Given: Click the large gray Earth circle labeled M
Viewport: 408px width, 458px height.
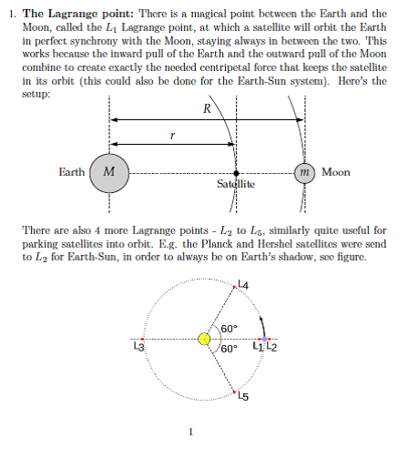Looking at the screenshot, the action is point(109,172).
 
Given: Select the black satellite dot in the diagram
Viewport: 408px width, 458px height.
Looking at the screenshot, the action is point(237,172).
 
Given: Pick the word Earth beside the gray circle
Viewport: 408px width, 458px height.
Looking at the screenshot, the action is point(72,172).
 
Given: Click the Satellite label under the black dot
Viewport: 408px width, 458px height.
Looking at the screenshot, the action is point(236,185).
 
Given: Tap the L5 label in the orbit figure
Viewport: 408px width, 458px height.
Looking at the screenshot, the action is point(242,395).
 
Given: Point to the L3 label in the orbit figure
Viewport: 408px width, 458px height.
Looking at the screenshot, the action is point(138,347).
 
